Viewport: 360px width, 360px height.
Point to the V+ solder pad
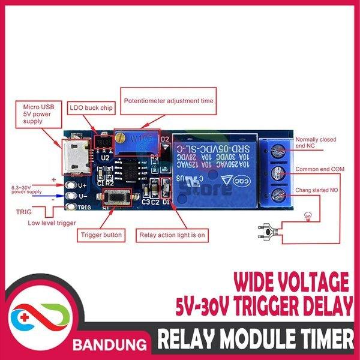73,186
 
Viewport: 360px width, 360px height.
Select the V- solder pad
73,196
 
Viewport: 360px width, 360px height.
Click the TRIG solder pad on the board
73,208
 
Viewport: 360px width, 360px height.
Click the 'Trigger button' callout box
103,235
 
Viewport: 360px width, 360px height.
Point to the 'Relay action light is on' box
172,235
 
